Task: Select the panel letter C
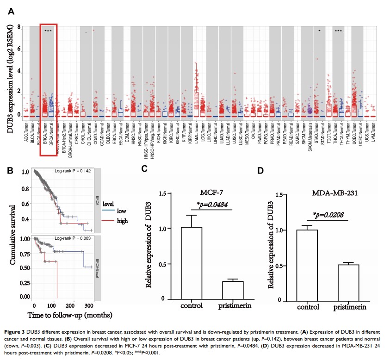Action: click(x=144, y=170)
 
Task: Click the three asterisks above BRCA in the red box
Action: click(x=48, y=31)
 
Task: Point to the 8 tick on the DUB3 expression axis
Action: click(x=19, y=27)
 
